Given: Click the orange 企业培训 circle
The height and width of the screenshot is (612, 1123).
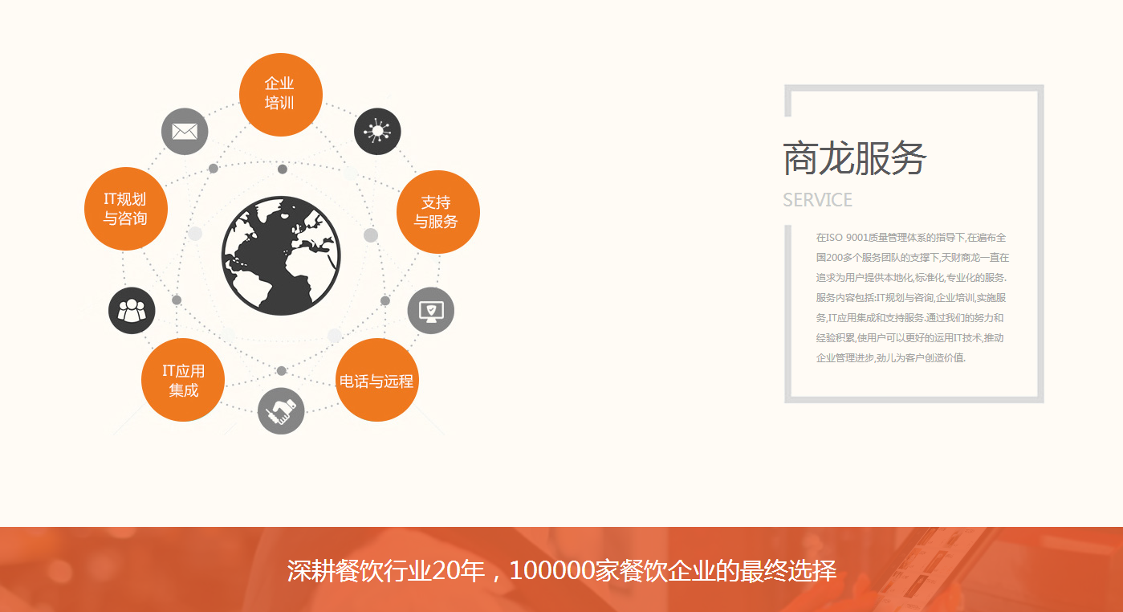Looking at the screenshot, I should (281, 94).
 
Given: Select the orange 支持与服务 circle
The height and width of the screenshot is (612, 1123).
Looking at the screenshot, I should (437, 212).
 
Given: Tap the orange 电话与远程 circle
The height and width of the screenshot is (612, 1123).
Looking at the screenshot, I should (376, 380).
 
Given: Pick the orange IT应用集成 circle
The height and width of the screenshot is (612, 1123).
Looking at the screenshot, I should (183, 380).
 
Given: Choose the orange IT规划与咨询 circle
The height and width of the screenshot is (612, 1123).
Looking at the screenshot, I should (125, 209).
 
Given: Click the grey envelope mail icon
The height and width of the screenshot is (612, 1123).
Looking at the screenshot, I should (185, 131).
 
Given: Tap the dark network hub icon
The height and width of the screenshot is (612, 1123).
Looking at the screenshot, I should (377, 131).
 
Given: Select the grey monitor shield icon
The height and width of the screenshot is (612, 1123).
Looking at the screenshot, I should (431, 310).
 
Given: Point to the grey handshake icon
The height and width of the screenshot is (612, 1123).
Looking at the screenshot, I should (281, 410).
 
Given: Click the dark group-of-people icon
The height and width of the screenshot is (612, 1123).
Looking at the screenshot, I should (132, 310).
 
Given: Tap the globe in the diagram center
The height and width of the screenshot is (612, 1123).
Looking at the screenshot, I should (281, 255).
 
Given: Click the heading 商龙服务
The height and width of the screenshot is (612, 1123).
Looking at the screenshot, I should (854, 157).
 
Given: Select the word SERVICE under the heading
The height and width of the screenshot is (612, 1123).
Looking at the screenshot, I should (817, 200).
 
